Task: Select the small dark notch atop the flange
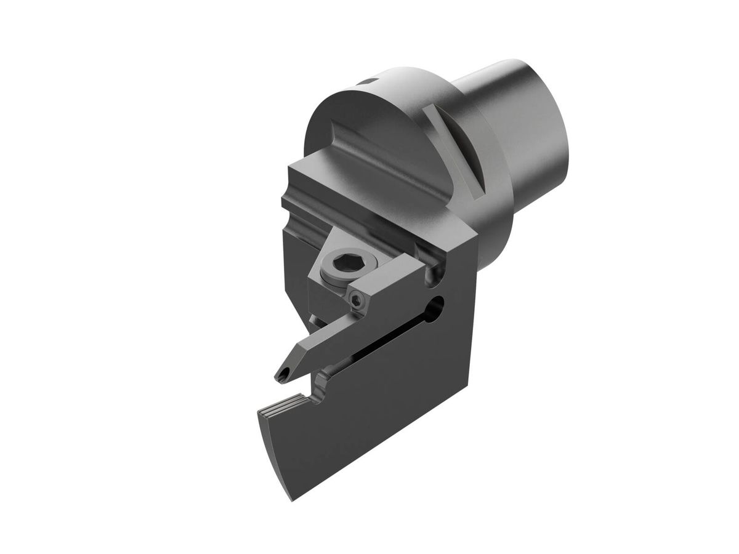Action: (368, 80)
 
